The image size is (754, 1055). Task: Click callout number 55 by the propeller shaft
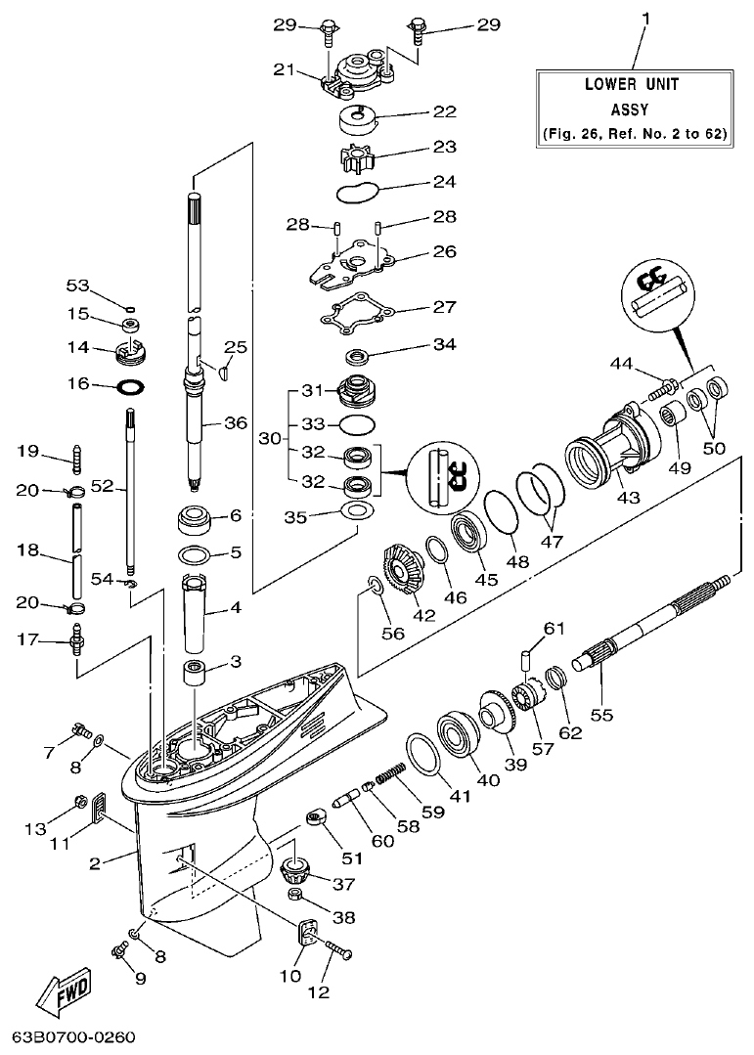click(x=601, y=715)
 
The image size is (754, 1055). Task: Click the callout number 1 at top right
click(x=644, y=17)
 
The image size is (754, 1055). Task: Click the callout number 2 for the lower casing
click(x=95, y=862)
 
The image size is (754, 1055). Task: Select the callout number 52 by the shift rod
click(x=103, y=484)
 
